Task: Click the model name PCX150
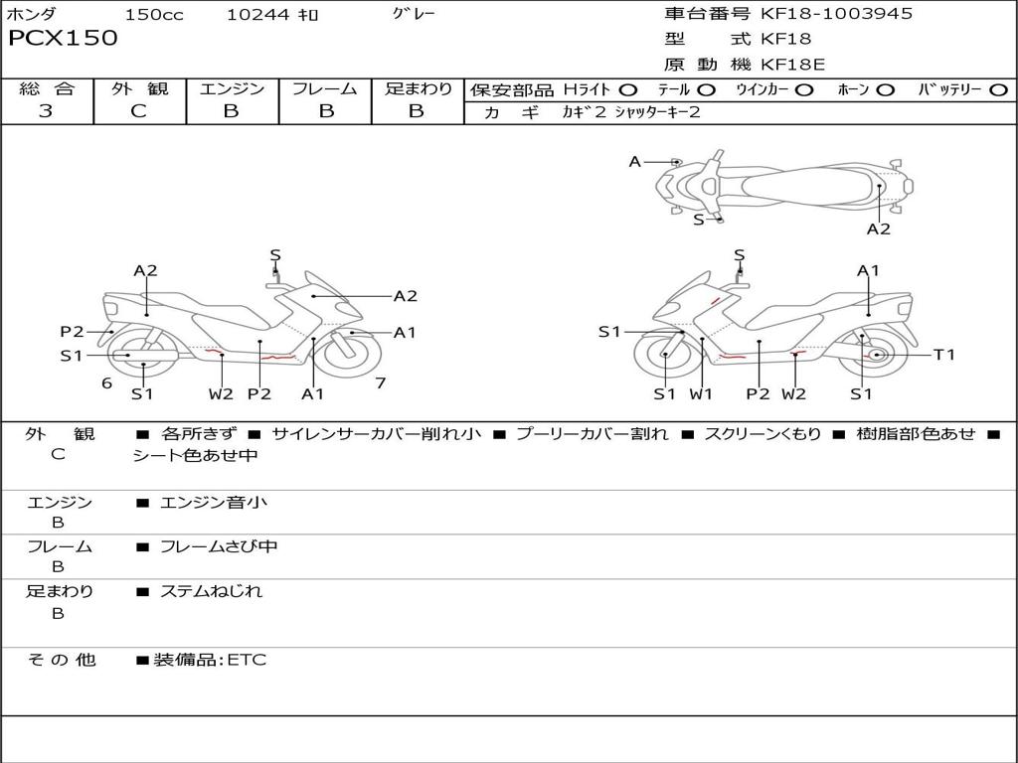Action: [63, 38]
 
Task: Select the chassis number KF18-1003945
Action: [836, 13]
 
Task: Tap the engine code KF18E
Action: [792, 65]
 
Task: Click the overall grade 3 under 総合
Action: [46, 111]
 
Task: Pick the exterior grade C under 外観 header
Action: [138, 111]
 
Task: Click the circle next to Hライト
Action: [628, 90]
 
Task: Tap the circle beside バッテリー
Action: [998, 90]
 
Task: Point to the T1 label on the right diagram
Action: [944, 355]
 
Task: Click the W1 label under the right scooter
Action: [701, 393]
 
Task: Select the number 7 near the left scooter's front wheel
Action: [381, 382]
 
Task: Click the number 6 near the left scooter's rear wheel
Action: [107, 382]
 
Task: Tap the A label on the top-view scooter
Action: [635, 162]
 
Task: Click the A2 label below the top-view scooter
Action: [879, 229]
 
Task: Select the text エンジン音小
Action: [214, 502]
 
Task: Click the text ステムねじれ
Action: [211, 591]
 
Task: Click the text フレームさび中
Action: [219, 546]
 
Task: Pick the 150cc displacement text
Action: [154, 14]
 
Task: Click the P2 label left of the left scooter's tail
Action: [72, 332]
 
